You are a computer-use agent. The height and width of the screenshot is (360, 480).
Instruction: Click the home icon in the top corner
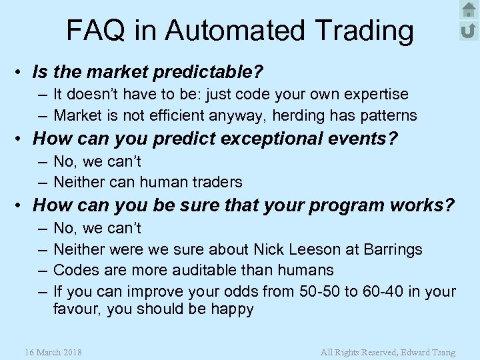pyautogui.click(x=469, y=10)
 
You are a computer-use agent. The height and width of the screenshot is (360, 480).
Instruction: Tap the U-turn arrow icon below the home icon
pyautogui.click(x=469, y=30)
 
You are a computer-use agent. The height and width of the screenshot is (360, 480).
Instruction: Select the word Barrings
pyautogui.click(x=393, y=249)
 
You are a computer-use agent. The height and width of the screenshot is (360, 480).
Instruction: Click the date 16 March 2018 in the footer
pyautogui.click(x=53, y=352)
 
